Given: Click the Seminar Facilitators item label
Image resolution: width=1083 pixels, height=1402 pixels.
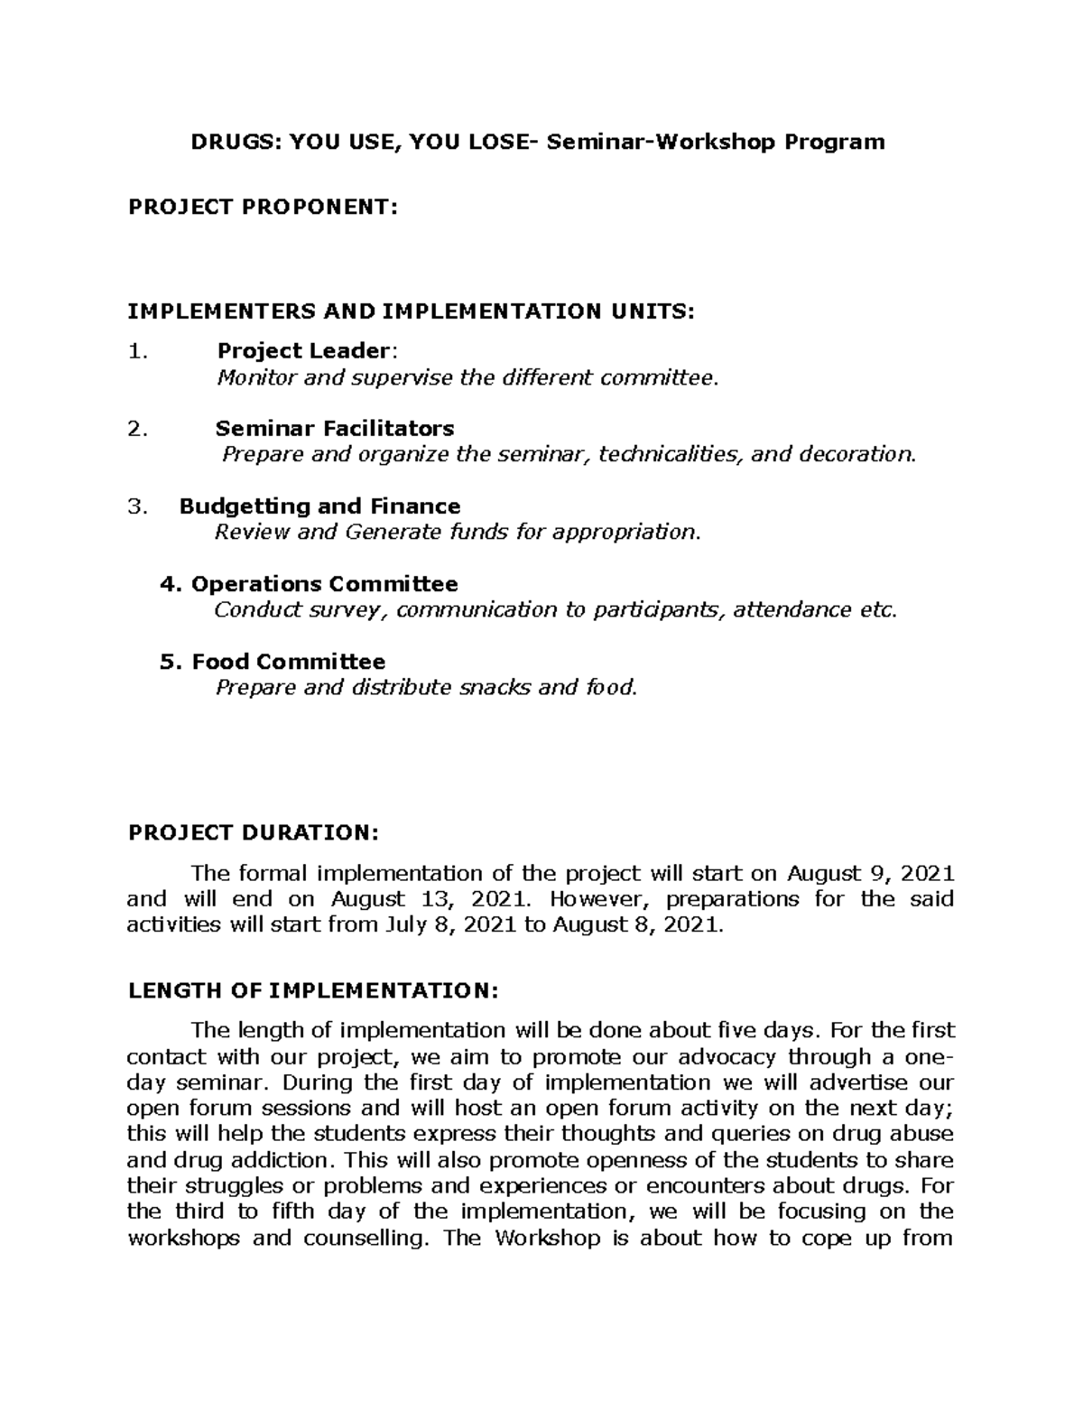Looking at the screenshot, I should click(x=335, y=428).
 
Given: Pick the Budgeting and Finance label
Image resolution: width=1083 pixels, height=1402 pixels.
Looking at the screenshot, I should click(x=320, y=506).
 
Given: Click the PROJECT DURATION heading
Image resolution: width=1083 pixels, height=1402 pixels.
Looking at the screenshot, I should click(x=255, y=832).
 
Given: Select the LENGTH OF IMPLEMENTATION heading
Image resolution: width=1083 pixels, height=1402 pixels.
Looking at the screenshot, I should click(x=312, y=990).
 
